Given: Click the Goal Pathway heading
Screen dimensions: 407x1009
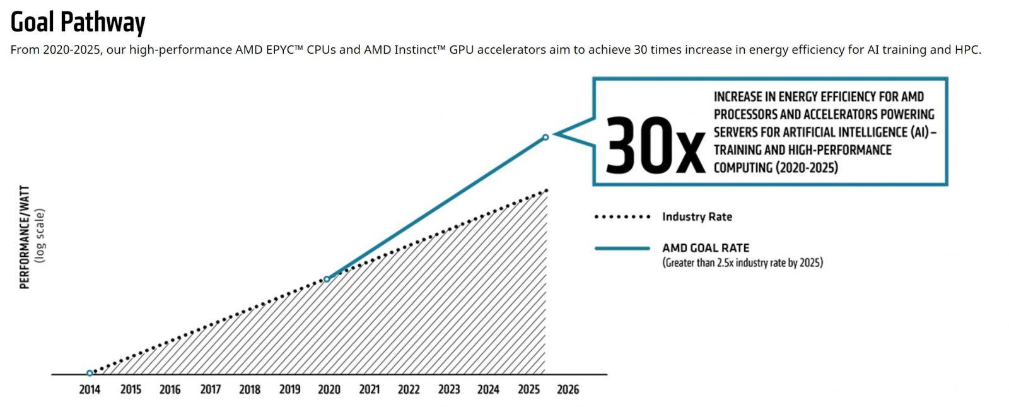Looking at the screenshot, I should pos(78,22).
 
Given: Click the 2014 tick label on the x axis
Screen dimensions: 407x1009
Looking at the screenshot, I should pos(90,389).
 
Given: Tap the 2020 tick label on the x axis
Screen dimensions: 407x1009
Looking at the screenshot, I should pos(329,389).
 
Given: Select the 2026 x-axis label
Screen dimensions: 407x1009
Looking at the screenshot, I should pos(568,389).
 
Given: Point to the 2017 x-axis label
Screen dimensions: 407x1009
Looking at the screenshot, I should pos(210,389).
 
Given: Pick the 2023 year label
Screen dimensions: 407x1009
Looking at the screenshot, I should pos(448,389).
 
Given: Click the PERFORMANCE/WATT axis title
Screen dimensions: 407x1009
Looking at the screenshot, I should pos(25,237).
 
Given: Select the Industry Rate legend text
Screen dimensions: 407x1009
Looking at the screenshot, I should pos(697,216).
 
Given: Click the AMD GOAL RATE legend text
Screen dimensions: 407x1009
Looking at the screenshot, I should pos(706,248).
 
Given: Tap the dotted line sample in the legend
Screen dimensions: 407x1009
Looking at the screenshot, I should pos(622,216).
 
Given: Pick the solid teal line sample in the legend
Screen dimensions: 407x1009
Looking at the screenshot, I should pos(622,248).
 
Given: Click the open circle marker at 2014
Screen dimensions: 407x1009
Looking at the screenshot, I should pos(90,373).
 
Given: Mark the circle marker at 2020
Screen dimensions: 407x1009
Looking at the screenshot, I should pos(326,279).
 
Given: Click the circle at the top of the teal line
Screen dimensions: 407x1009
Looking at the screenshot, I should pos(545,137).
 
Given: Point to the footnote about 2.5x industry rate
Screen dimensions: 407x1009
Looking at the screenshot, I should pos(742,262).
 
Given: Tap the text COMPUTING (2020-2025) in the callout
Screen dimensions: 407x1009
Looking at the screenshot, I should pos(776,168).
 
